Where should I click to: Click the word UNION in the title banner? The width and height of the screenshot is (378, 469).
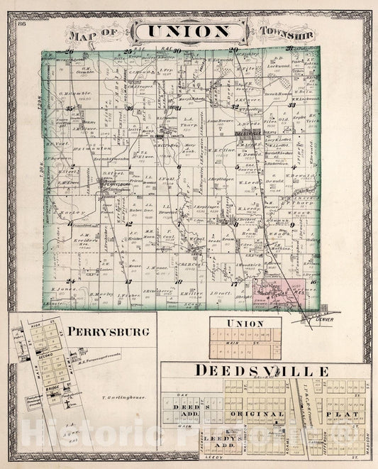[x=188, y=31]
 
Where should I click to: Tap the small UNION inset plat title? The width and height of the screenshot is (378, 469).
[x=245, y=324]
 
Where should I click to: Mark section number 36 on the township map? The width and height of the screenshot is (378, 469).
[x=130, y=109]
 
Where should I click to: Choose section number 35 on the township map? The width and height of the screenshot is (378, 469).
[x=70, y=109]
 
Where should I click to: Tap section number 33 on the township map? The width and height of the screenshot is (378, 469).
[x=291, y=105]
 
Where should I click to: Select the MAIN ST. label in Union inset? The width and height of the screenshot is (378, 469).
[x=245, y=343]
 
